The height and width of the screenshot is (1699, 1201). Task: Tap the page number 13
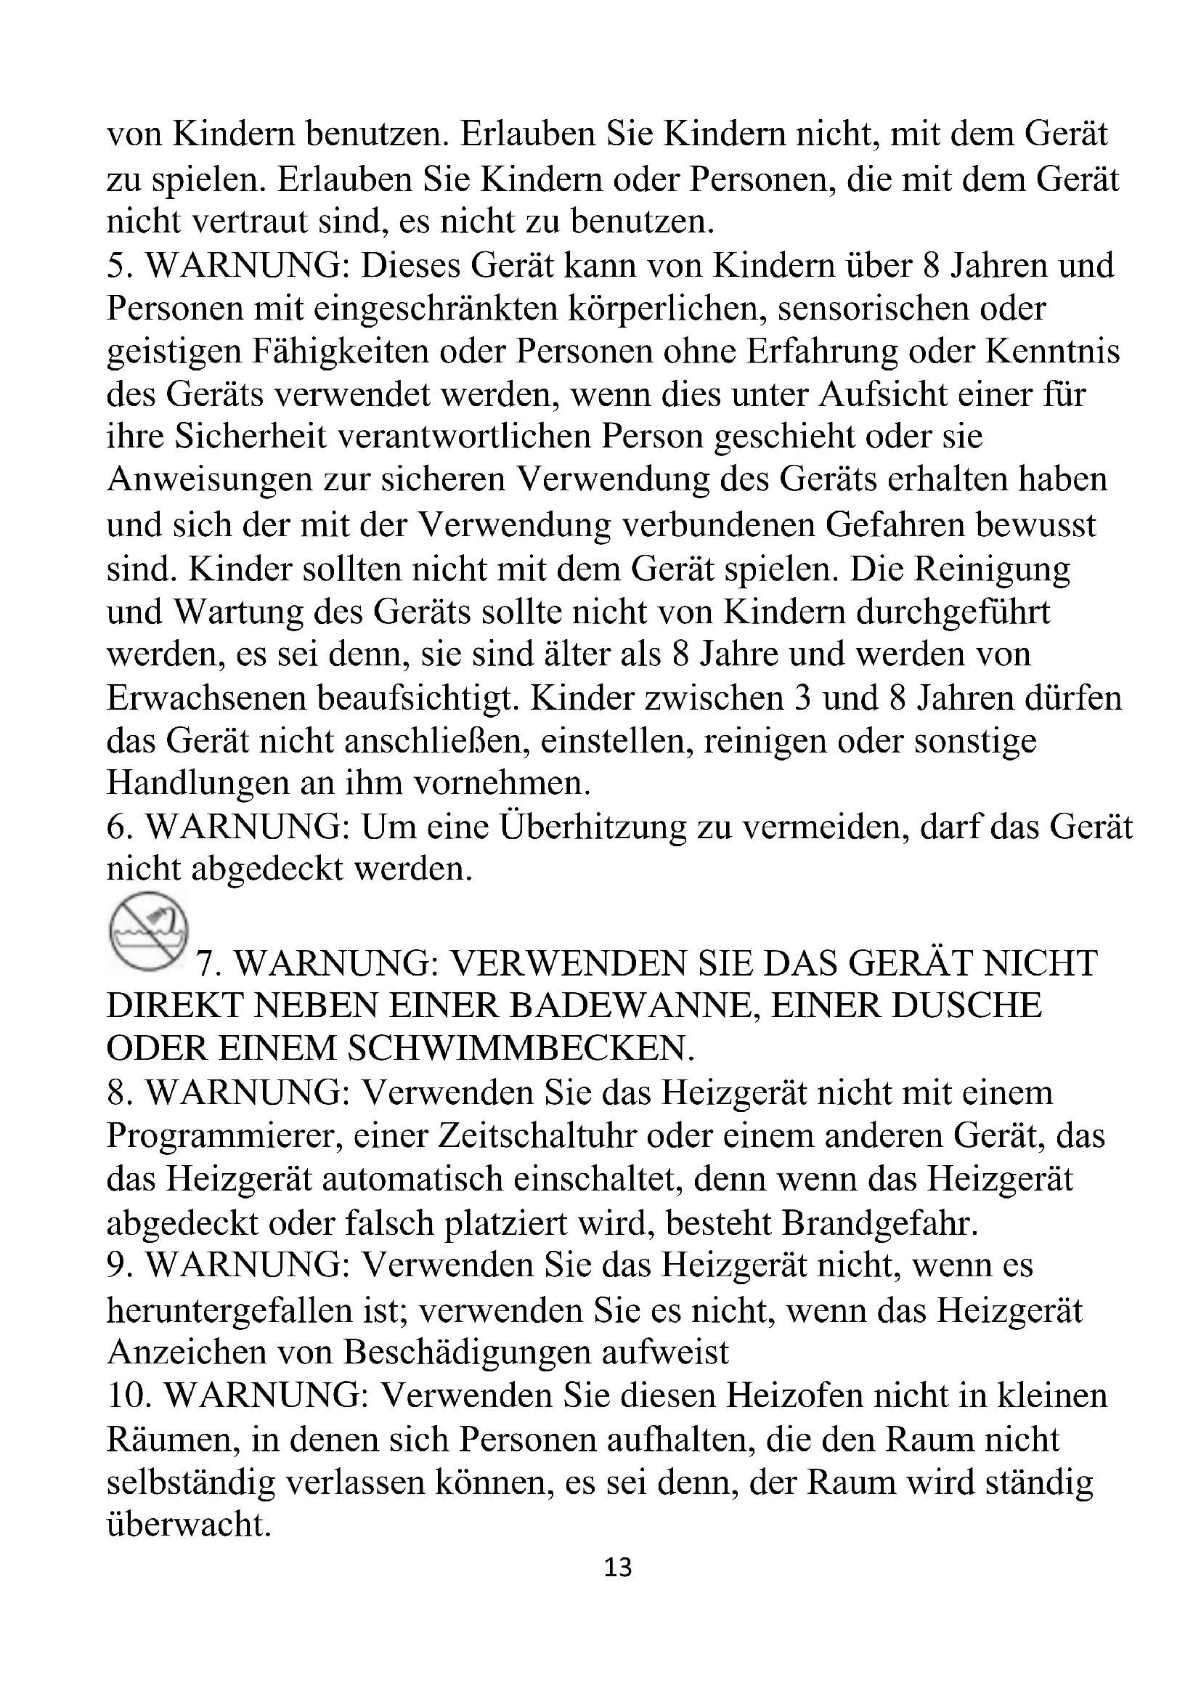(618, 1567)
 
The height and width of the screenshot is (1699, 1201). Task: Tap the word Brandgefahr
(880, 1222)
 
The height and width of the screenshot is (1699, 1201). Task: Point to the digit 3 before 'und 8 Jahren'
(802, 698)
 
